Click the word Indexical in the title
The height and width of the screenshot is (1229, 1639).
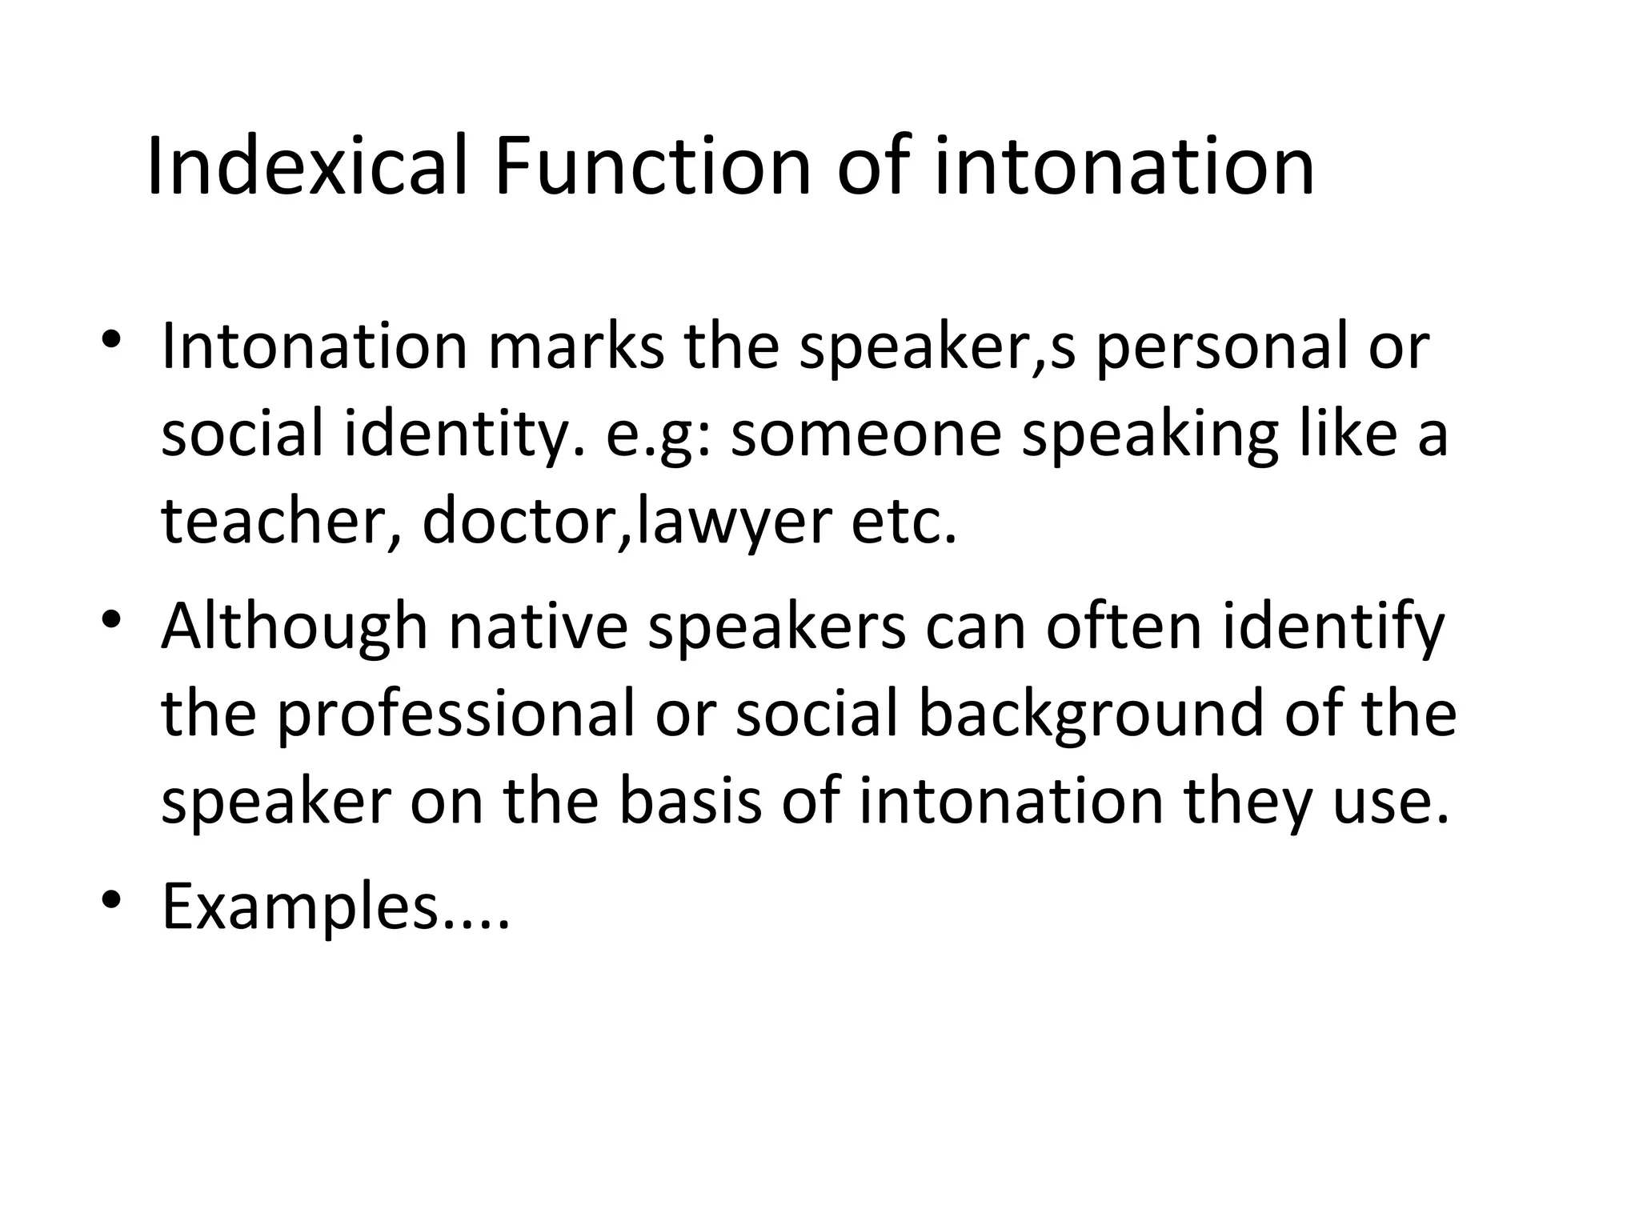tap(307, 166)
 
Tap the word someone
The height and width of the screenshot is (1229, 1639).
tap(866, 435)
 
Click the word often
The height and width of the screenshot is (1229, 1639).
tap(1124, 627)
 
